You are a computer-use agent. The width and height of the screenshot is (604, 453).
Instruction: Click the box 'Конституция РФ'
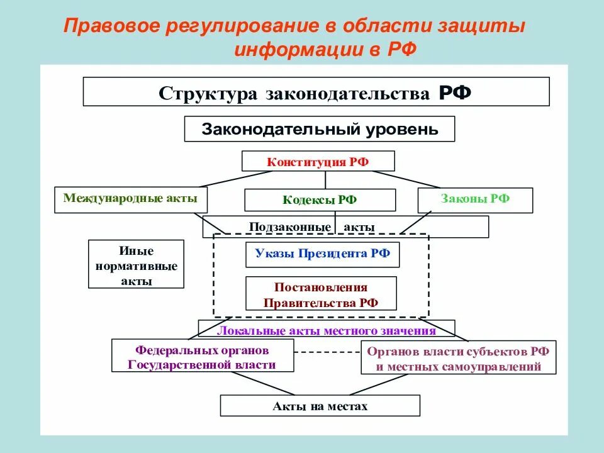318,161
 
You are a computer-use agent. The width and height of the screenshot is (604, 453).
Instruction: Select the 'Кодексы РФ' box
320,200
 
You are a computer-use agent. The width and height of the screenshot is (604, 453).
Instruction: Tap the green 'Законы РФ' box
475,199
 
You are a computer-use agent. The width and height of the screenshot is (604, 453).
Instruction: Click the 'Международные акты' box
130,199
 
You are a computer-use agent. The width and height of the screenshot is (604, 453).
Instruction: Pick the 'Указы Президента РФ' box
322,254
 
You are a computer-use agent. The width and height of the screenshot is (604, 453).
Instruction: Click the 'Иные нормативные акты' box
136,264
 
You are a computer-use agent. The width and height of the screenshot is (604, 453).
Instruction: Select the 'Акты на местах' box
320,406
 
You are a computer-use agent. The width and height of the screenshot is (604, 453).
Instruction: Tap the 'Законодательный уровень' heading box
319,130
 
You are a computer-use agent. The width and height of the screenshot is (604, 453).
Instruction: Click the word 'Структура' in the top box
208,93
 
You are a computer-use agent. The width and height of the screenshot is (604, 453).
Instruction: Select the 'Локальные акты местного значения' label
326,330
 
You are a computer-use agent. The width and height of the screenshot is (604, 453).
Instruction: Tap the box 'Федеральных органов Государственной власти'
202,357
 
